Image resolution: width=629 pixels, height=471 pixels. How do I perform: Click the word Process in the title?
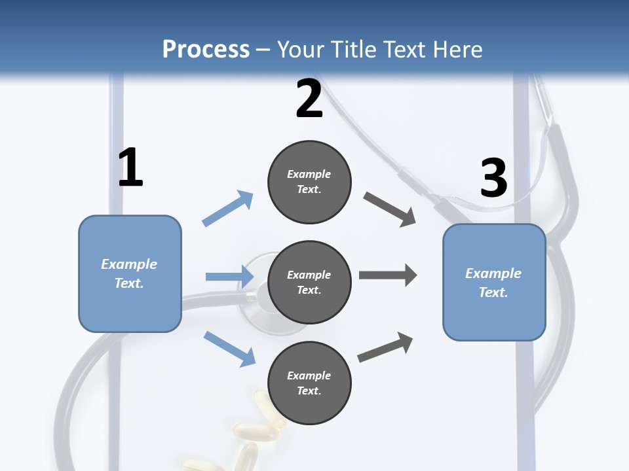tap(206, 49)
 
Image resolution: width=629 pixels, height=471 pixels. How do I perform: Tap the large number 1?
tap(130, 167)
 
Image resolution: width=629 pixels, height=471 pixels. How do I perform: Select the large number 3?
tap(493, 178)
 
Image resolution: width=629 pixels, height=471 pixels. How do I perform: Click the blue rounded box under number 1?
tap(130, 273)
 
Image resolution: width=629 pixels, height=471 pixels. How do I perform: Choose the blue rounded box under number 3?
tap(494, 282)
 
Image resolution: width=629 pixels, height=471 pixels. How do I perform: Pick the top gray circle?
tap(309, 182)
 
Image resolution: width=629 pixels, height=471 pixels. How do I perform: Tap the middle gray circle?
tap(309, 282)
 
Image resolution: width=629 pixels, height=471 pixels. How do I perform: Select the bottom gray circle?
tap(309, 383)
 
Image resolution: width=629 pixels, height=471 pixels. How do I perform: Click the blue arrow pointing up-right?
tap(227, 209)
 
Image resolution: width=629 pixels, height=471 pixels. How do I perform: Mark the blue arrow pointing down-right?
tap(229, 348)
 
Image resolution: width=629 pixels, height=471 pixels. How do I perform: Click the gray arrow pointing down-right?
tap(390, 209)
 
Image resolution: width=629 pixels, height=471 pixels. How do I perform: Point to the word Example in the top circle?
tap(309, 174)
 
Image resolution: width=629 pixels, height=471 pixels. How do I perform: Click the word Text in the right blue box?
tap(493, 292)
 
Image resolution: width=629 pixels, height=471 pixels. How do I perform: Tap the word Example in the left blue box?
tap(129, 264)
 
